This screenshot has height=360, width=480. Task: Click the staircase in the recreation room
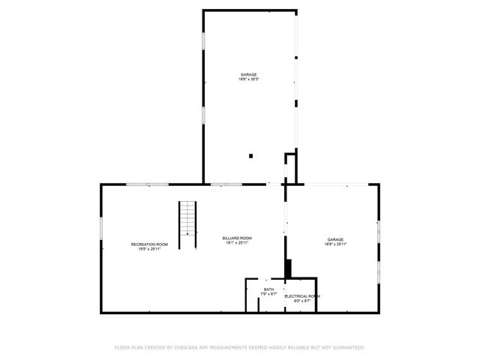tap(187, 217)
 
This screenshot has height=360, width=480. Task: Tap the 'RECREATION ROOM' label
tap(149, 244)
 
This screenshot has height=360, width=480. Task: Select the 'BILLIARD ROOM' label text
tap(236, 238)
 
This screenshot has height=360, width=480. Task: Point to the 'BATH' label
tap(268, 289)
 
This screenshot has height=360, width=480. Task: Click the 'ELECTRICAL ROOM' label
tap(302, 296)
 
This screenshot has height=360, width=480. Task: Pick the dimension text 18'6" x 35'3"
tap(248, 79)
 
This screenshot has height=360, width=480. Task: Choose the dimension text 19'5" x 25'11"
tap(149, 249)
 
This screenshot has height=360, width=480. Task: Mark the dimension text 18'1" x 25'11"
tap(236, 243)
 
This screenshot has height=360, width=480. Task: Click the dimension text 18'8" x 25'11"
tap(335, 244)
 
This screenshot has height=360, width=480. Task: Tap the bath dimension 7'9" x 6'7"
tap(268, 294)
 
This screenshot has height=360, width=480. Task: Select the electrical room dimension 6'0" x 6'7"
tap(302, 301)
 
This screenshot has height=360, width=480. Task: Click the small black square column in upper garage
tap(251, 156)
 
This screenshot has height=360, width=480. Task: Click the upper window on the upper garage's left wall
tap(203, 41)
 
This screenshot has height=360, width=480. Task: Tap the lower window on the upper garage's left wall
tap(203, 115)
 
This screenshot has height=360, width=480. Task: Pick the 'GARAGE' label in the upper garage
tap(248, 74)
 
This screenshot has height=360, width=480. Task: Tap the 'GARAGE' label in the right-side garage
tap(335, 239)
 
